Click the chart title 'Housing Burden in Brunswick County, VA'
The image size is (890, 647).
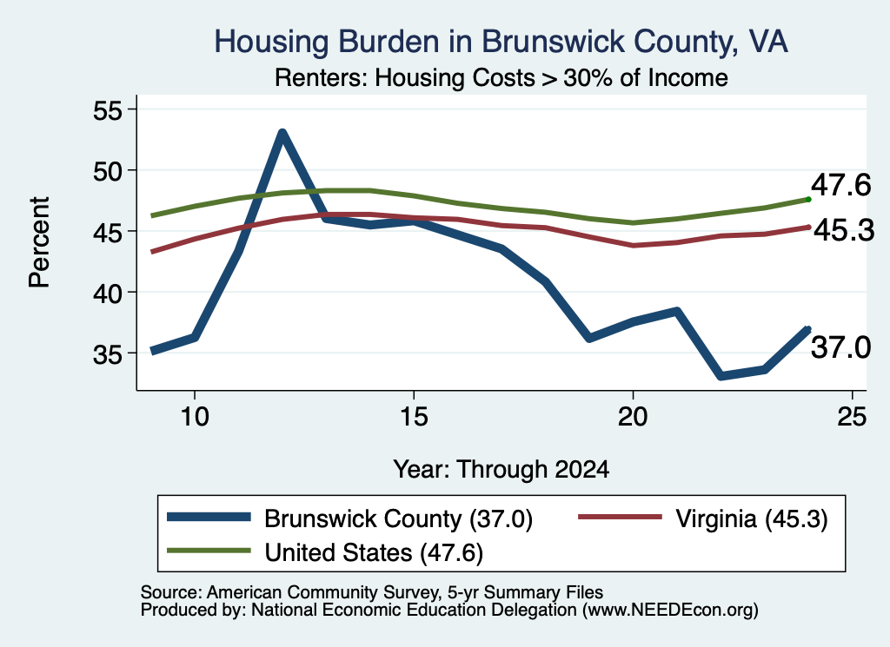501,42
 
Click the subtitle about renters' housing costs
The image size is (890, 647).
501,77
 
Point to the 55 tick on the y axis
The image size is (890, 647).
108,110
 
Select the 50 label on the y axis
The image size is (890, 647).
108,171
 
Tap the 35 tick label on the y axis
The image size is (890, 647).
108,354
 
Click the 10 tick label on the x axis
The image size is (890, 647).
195,417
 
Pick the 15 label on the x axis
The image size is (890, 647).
414,417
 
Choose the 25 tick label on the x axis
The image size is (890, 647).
852,417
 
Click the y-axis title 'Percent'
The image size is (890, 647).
39,242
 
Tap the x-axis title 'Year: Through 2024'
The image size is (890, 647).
501,470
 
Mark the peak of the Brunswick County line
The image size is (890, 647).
282,132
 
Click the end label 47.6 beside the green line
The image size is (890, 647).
840,186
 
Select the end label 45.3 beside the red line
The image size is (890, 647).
844,231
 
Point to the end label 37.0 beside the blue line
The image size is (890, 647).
840,347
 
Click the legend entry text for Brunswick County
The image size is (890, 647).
398,518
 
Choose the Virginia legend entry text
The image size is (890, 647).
752,518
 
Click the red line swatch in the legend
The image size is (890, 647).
620,517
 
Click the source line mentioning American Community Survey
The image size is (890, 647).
372,592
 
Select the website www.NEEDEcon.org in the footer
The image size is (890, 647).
670,611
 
